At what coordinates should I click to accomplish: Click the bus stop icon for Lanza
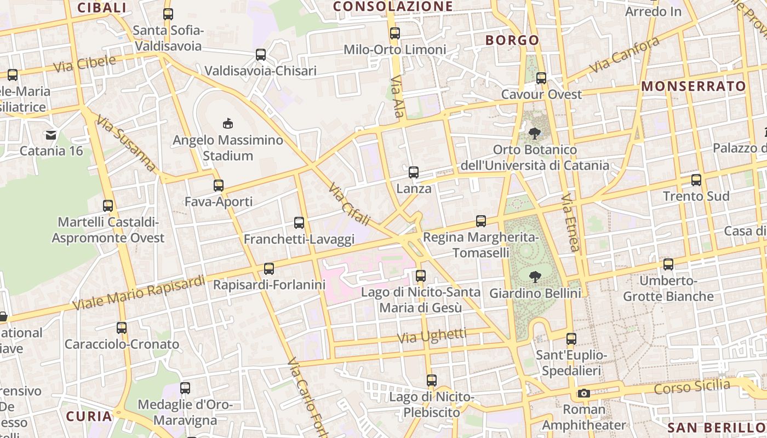tap(414, 172)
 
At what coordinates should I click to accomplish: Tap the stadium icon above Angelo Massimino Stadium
tap(227, 124)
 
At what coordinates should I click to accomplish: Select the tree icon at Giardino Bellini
tap(535, 277)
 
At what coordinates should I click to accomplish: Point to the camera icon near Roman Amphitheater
tap(584, 393)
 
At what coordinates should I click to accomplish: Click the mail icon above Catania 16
tap(51, 134)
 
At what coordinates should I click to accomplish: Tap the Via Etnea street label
tap(570, 222)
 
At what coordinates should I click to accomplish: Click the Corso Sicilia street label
tap(692, 387)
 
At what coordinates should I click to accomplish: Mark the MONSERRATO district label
tap(694, 87)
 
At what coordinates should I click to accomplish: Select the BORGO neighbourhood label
tap(512, 40)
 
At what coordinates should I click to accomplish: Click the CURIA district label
tap(89, 416)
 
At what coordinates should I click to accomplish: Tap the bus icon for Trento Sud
tap(696, 180)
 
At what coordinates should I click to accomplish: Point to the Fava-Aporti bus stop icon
tap(219, 186)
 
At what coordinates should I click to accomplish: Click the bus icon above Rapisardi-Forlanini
tap(269, 269)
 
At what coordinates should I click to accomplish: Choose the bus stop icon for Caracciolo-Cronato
tap(122, 328)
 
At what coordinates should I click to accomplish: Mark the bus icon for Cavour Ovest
tap(541, 78)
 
